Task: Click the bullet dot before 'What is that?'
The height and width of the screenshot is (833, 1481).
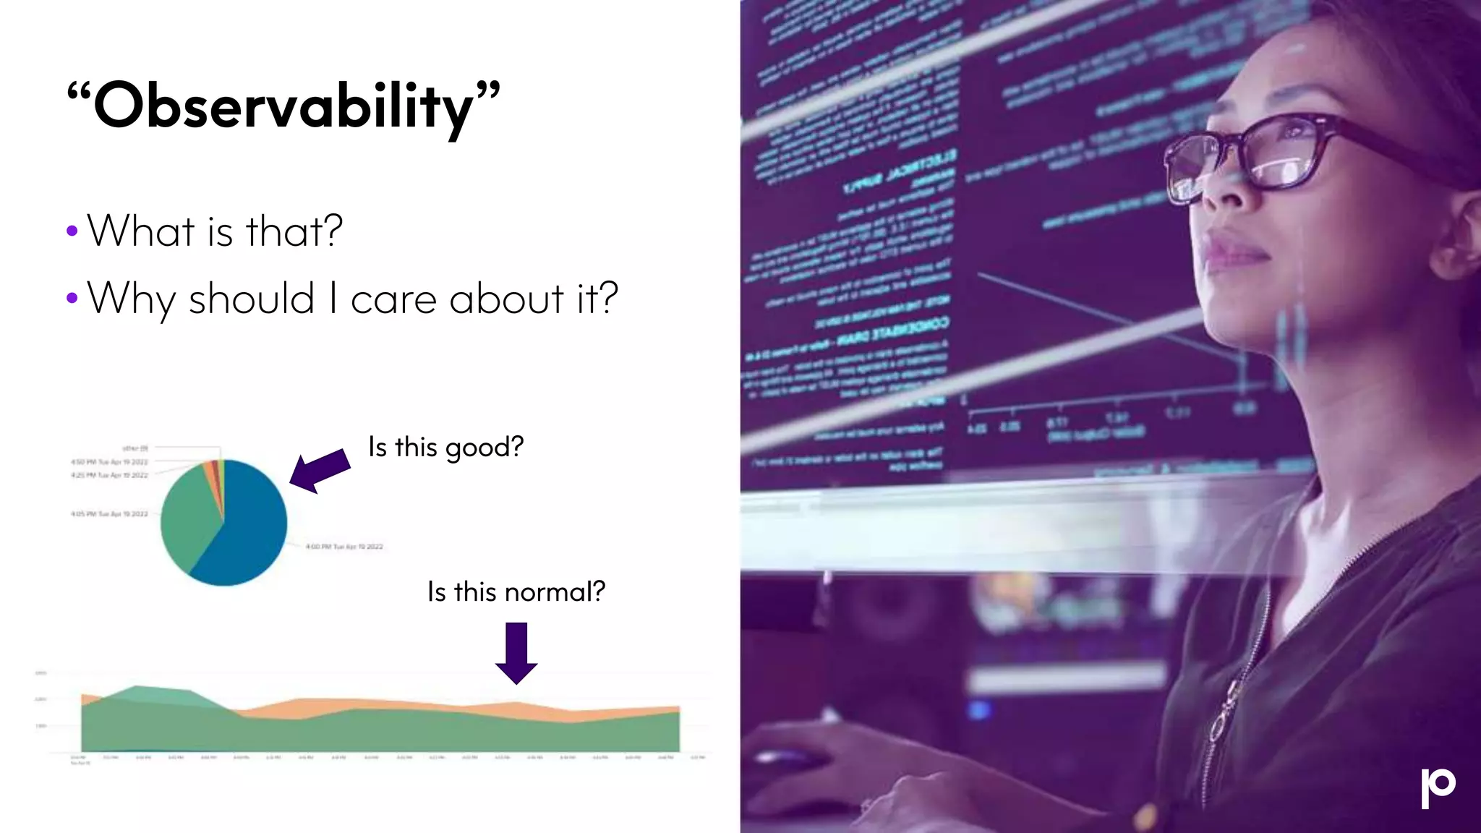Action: click(x=72, y=231)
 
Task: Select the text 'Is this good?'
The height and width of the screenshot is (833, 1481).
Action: click(x=445, y=447)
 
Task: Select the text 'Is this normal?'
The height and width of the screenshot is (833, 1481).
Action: click(x=516, y=591)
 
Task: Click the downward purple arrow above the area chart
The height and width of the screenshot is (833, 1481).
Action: click(x=516, y=652)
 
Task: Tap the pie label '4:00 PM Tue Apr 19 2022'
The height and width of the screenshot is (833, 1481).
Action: click(x=344, y=547)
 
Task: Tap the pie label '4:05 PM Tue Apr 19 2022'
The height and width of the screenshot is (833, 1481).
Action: click(x=109, y=514)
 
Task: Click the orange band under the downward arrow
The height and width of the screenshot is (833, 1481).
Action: click(x=516, y=710)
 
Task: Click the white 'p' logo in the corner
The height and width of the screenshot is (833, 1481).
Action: click(x=1437, y=787)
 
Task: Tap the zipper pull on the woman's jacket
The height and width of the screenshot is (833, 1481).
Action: click(x=1220, y=723)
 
